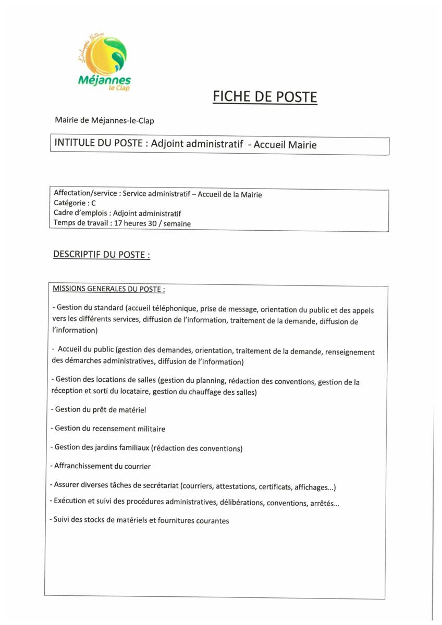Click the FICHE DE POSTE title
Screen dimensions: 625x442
click(x=265, y=97)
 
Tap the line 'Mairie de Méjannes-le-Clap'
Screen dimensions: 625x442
click(x=104, y=120)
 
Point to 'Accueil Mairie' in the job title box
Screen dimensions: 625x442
click(x=285, y=145)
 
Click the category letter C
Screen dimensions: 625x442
click(x=93, y=204)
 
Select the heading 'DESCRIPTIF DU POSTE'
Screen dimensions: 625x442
click(x=101, y=255)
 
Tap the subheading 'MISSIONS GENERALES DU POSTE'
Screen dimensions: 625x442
click(x=108, y=289)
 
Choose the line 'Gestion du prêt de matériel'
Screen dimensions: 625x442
click(x=99, y=410)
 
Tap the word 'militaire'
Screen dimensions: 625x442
click(x=149, y=429)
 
